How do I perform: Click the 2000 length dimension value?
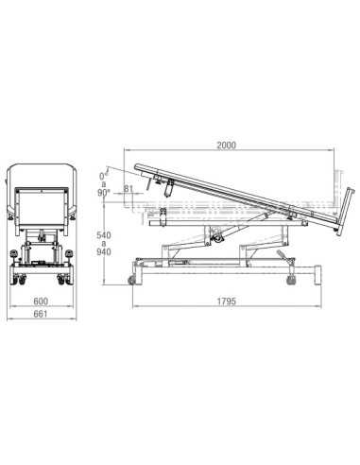tap(227, 146)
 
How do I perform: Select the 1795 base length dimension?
tap(227, 301)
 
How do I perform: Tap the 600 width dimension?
tap(41, 301)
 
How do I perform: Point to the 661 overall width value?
tap(41, 314)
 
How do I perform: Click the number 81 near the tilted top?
tap(128, 189)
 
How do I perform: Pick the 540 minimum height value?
tap(104, 235)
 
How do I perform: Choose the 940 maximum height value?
tap(104, 252)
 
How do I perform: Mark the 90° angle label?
tap(103, 193)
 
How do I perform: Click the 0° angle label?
tap(103, 176)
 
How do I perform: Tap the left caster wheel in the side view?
tap(131, 280)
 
